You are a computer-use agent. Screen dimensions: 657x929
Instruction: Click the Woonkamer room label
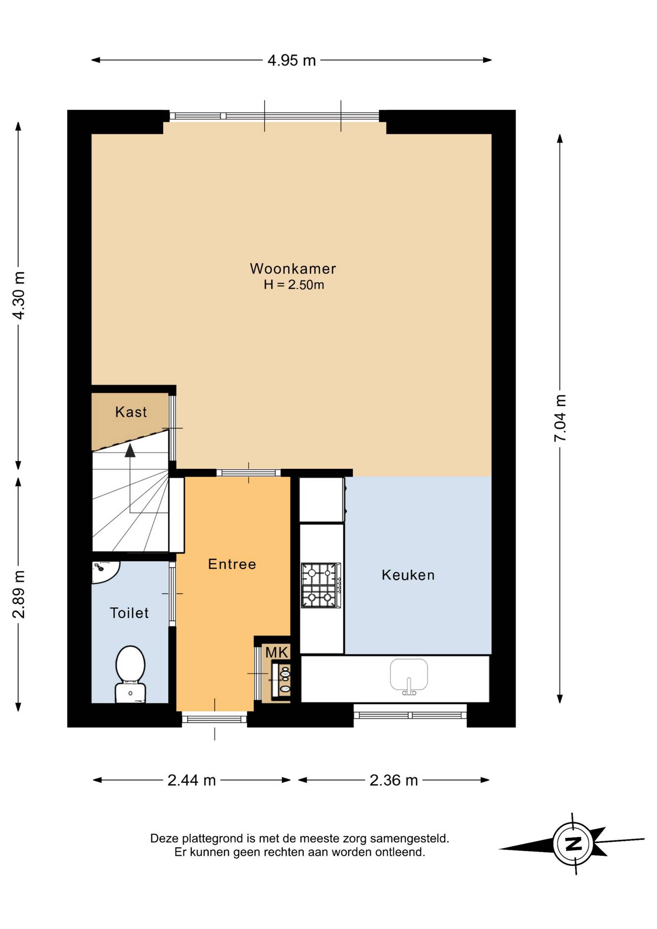point(293,269)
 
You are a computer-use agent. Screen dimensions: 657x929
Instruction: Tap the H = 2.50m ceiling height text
point(294,285)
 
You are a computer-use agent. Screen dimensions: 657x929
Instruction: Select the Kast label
point(131,412)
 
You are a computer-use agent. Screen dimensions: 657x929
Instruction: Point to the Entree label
point(232,564)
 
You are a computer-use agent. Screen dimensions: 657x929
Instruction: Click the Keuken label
point(408,575)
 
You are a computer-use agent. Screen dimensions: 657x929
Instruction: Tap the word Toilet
point(129,613)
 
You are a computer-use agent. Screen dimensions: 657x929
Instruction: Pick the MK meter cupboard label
point(277,652)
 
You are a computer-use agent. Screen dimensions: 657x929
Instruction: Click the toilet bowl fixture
point(131,674)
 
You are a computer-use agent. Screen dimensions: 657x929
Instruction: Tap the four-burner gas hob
point(321,585)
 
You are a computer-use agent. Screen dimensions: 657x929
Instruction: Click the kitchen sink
point(409,676)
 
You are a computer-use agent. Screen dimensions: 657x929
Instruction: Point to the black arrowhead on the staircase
point(130,450)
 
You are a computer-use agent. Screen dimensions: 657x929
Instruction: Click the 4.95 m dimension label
point(292,60)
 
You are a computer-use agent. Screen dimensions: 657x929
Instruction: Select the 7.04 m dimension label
point(560,418)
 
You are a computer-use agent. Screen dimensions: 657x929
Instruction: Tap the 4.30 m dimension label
point(19,295)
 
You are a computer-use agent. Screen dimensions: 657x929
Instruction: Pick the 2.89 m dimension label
point(19,594)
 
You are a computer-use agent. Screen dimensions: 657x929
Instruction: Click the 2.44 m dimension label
point(192,780)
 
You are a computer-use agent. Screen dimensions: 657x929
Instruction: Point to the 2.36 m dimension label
point(394,780)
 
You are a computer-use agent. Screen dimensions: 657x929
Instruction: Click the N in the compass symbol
point(574,844)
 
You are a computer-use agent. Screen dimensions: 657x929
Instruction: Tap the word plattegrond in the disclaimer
point(213,839)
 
